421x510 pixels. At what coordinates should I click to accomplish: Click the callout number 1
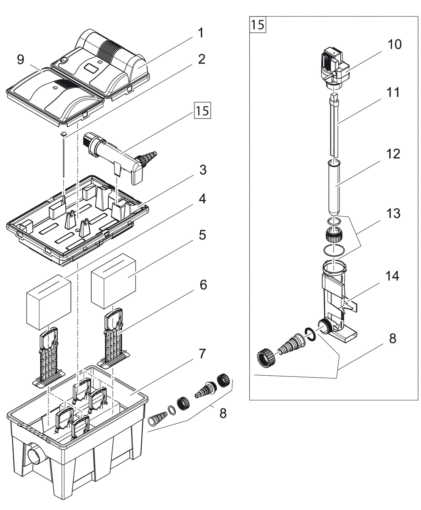point(200,33)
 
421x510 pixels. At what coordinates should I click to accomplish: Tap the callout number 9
point(20,59)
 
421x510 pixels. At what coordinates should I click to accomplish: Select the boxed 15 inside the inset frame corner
point(258,24)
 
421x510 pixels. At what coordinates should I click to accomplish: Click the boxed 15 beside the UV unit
point(202,110)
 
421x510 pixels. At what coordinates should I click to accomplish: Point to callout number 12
point(393,153)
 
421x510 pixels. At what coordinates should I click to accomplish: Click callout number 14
point(392,276)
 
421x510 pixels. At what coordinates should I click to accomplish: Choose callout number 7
point(202,354)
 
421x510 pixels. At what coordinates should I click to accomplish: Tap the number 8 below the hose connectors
point(223,413)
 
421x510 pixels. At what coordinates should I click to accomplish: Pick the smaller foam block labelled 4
point(48,302)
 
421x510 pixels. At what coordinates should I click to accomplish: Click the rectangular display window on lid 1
point(91,69)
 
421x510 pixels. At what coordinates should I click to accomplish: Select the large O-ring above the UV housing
point(334,250)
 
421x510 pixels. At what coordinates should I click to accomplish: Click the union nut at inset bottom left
point(267,358)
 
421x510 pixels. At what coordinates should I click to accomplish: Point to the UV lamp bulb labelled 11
point(334,126)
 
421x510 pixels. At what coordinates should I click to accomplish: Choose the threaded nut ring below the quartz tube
point(334,235)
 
